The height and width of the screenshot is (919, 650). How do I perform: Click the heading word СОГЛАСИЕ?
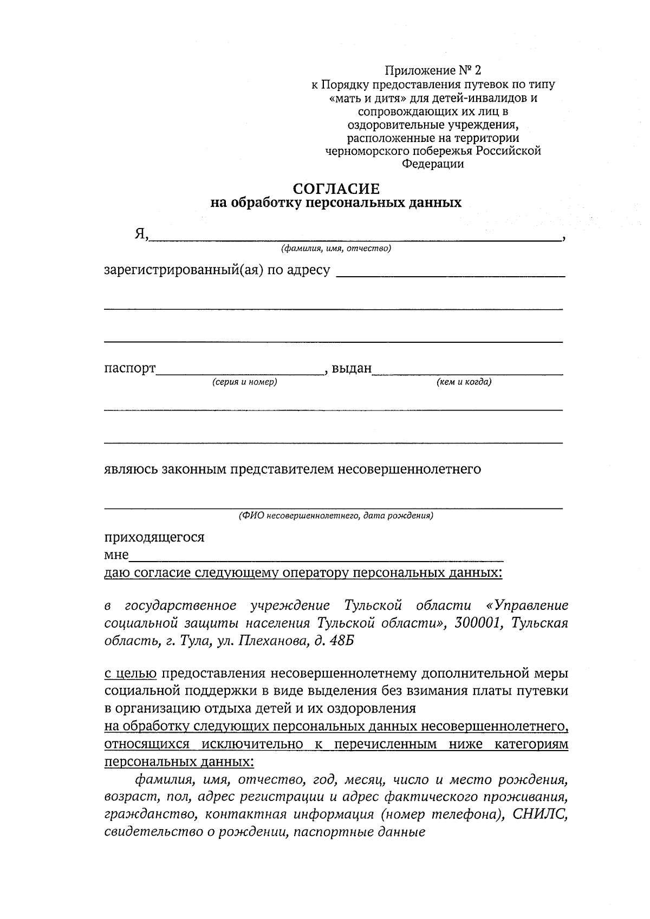click(x=336, y=188)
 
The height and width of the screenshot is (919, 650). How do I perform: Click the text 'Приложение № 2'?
click(x=432, y=70)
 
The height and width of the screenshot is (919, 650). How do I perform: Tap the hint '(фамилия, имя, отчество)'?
click(x=335, y=249)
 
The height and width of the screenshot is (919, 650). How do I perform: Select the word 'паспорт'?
click(x=129, y=369)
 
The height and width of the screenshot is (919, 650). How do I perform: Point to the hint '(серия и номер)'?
click(x=244, y=382)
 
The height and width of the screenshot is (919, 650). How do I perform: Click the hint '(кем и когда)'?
click(x=464, y=382)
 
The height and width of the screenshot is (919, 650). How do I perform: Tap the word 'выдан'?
click(x=352, y=369)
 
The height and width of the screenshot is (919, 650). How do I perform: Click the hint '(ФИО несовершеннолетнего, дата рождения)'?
click(x=336, y=516)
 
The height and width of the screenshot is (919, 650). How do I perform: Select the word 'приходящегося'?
click(x=154, y=537)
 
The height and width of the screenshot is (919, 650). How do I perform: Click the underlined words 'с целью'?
click(x=130, y=674)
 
